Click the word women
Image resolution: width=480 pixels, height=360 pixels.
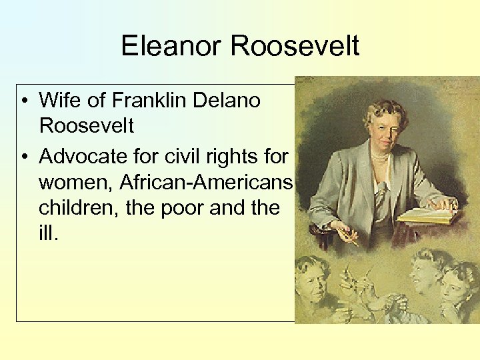pyautogui.click(x=75, y=182)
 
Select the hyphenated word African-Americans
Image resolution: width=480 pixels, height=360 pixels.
pyautogui.click(x=207, y=182)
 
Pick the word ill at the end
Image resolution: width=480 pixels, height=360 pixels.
pyautogui.click(x=49, y=234)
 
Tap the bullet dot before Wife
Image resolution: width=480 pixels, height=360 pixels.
pyautogui.click(x=23, y=101)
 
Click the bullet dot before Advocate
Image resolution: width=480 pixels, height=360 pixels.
pyautogui.click(x=23, y=157)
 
